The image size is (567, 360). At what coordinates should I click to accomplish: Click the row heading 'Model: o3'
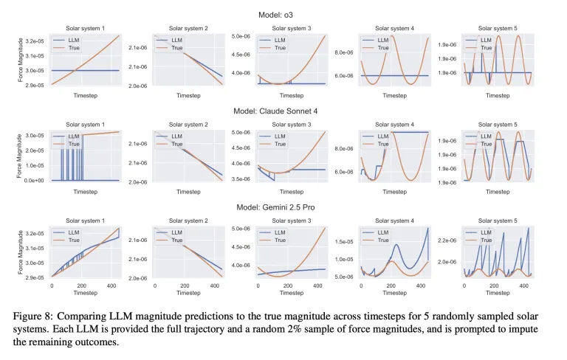click(x=283, y=14)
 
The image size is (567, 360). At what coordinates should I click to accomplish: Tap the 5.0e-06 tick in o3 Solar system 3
click(x=242, y=35)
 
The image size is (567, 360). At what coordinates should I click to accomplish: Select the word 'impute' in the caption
click(x=537, y=329)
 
